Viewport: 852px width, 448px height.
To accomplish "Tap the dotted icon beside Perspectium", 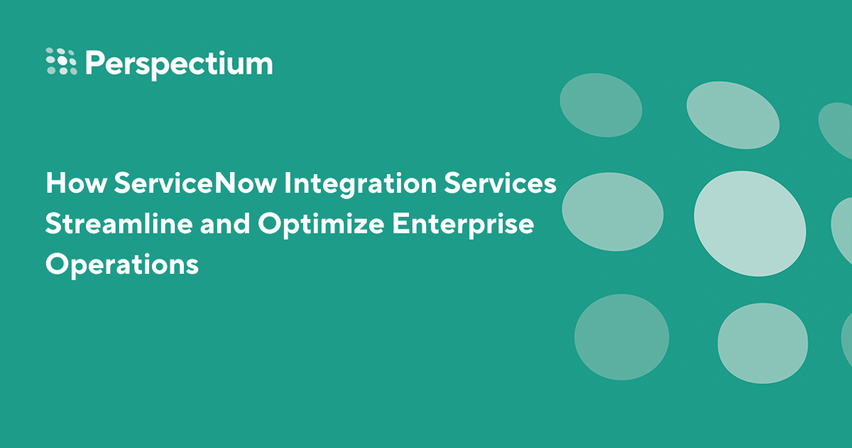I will (61, 61).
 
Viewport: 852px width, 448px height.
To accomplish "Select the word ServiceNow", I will (193, 183).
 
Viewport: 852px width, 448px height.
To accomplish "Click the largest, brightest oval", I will (749, 223).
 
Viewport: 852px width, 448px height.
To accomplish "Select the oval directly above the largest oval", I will (732, 114).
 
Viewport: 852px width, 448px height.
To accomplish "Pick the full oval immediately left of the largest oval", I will (612, 211).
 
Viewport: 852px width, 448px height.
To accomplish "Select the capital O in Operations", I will (58, 265).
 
